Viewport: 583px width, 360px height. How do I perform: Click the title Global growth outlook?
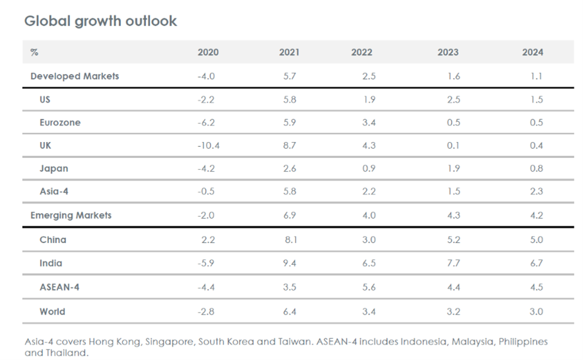(100, 21)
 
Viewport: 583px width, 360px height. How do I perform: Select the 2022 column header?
(361, 53)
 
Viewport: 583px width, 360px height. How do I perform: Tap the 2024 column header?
(532, 53)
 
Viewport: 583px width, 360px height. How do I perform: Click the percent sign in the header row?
(34, 53)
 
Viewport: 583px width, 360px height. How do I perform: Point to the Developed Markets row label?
(75, 76)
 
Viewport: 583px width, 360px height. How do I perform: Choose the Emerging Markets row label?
(71, 215)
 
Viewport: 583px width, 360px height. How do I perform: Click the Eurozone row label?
(61, 122)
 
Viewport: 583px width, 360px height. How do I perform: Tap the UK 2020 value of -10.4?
(208, 145)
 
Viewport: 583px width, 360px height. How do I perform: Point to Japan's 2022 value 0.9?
(368, 168)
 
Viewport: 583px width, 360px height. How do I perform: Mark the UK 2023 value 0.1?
(453, 145)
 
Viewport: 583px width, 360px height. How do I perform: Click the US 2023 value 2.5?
(453, 100)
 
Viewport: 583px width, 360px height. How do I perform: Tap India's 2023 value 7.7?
(453, 264)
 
